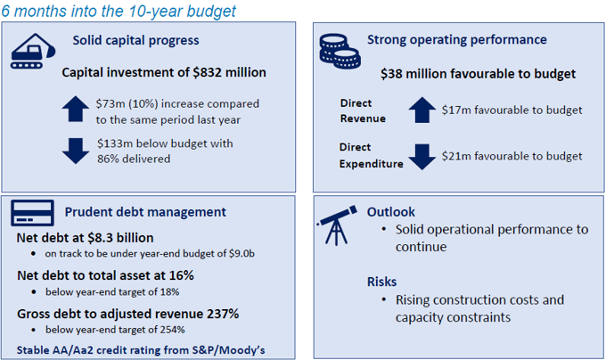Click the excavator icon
(34, 50)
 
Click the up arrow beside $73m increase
(77, 108)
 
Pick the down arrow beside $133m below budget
(77, 150)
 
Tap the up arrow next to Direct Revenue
(421, 110)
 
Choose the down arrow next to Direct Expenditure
(421, 156)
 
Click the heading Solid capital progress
(135, 40)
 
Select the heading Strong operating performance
(457, 40)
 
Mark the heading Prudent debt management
(145, 212)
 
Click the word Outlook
(391, 212)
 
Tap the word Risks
(382, 282)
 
